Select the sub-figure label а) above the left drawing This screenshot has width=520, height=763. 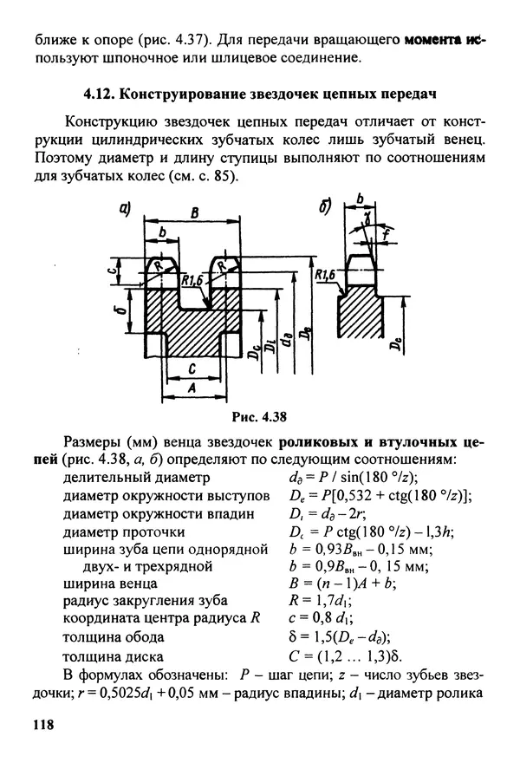[x=125, y=208]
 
